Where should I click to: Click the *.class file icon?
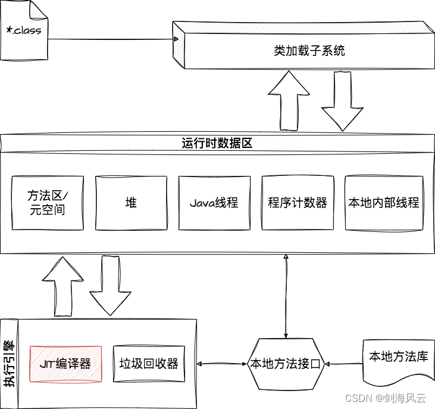(x=24, y=30)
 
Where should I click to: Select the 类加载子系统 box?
(x=309, y=51)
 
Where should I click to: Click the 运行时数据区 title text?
(x=218, y=143)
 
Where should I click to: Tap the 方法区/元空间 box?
(x=48, y=203)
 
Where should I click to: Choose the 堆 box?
(x=131, y=203)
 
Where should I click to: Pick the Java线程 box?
(x=214, y=203)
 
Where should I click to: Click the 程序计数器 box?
(x=298, y=203)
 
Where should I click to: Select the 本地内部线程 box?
(x=384, y=203)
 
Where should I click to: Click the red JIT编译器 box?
(x=65, y=364)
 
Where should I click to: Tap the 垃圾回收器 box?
(x=149, y=364)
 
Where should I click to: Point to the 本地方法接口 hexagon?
(x=286, y=364)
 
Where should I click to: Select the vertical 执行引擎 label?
(x=9, y=364)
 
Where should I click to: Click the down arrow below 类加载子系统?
(x=342, y=101)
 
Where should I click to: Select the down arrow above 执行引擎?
(x=109, y=285)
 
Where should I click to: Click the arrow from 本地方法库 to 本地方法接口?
(x=344, y=364)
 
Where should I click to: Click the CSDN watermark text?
(x=387, y=397)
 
